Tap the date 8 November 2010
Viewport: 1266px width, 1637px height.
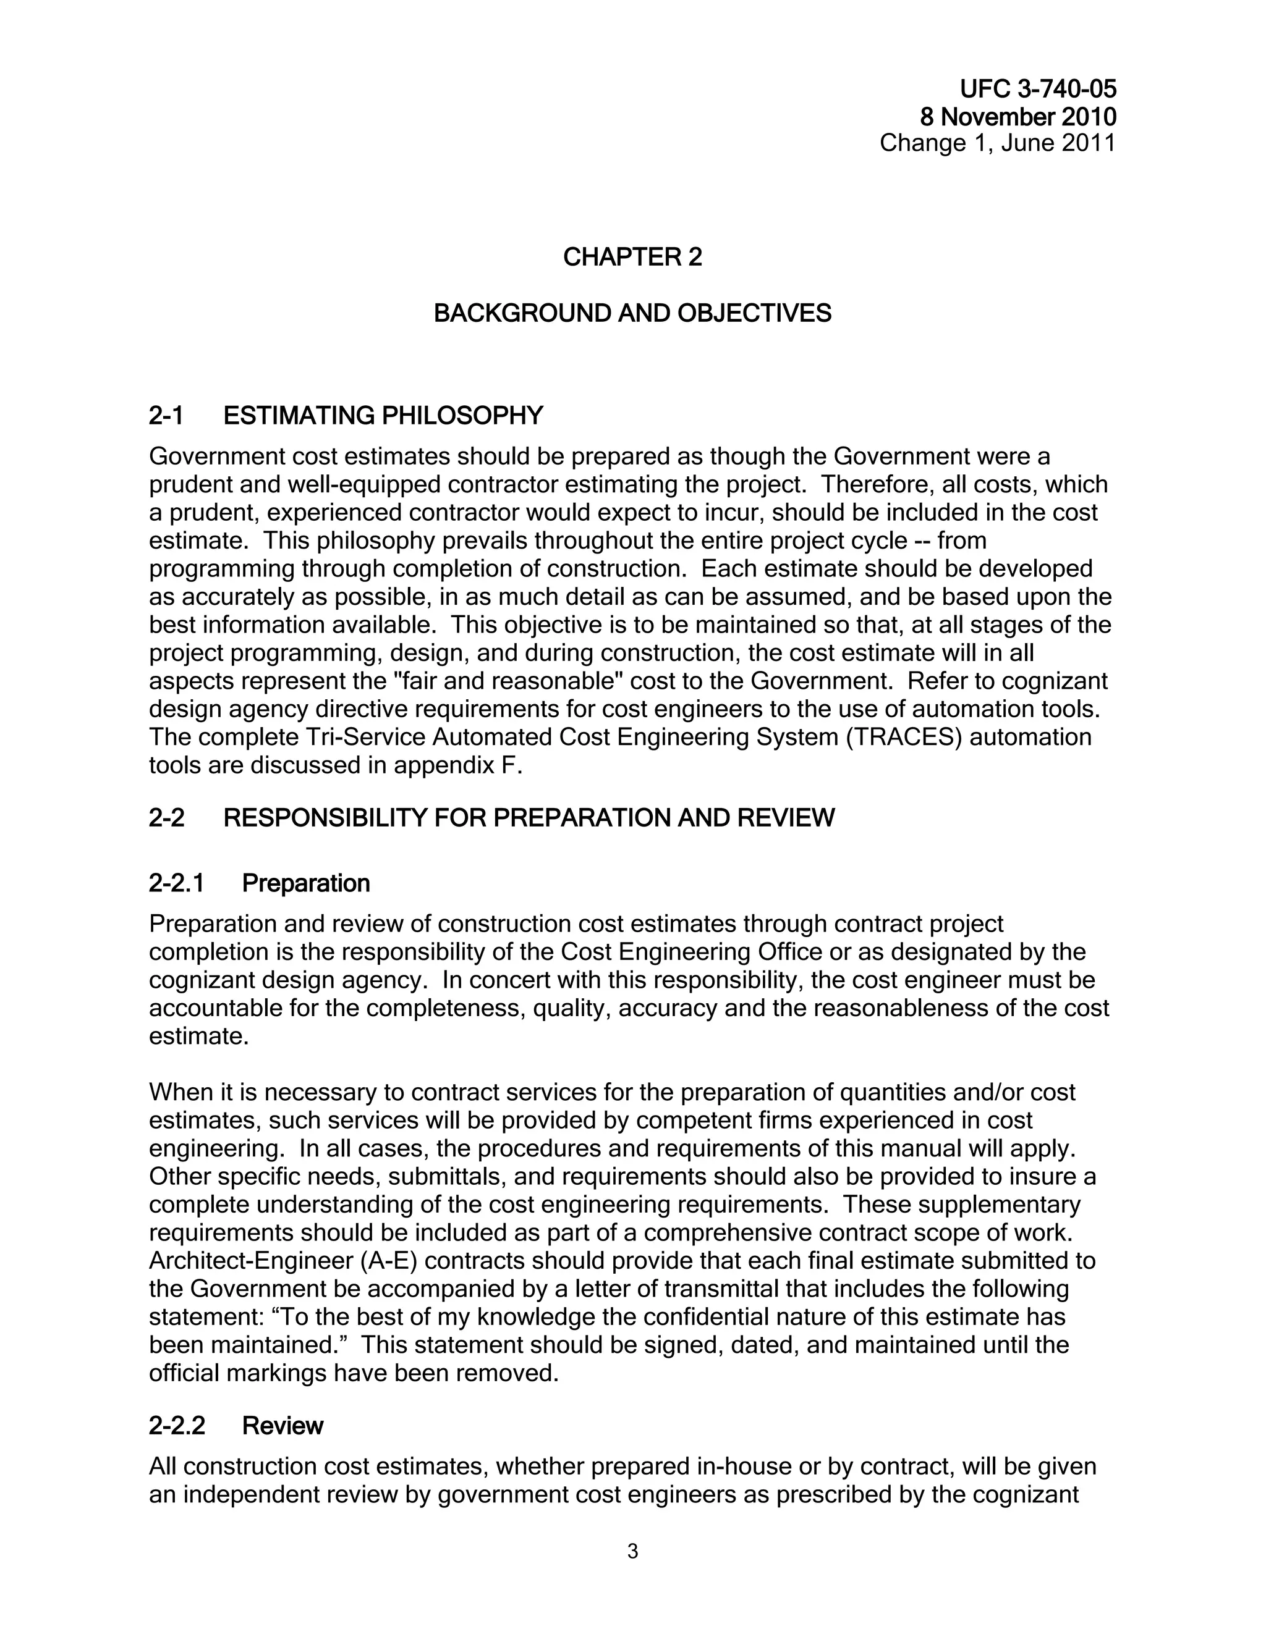[1017, 117]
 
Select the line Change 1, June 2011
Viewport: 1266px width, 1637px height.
[998, 143]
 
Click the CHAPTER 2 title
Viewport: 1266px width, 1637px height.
[632, 257]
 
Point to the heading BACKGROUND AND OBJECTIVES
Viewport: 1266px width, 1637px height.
[632, 313]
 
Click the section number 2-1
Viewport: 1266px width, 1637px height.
[166, 415]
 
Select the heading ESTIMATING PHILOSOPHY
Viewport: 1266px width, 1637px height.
[383, 415]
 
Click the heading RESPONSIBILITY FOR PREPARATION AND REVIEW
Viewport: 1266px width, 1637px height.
[529, 818]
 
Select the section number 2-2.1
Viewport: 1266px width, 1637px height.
[176, 884]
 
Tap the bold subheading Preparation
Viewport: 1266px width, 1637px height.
[306, 884]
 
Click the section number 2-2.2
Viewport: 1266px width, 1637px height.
[177, 1426]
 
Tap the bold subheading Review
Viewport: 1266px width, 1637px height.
[282, 1426]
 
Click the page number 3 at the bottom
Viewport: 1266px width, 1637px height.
[632, 1552]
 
